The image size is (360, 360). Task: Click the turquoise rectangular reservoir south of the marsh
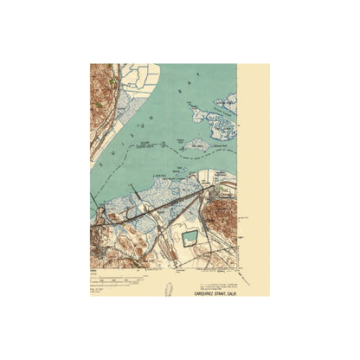[191, 238]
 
